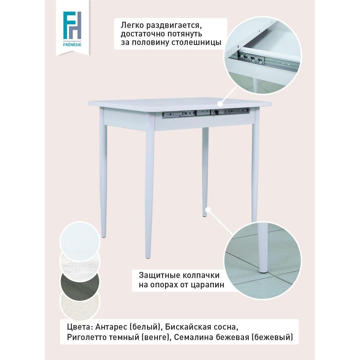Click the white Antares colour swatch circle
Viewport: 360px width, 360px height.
80,241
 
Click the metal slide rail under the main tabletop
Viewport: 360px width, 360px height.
206,112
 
